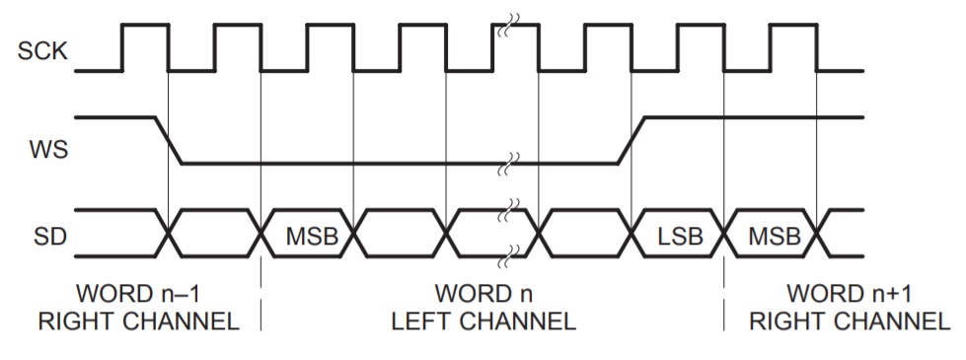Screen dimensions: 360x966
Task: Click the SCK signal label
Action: point(42,51)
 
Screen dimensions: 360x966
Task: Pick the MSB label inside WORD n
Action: point(309,238)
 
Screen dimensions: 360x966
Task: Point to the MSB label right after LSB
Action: point(773,238)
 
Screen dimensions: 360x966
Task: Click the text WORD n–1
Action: point(146,294)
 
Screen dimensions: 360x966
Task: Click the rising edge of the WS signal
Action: point(632,140)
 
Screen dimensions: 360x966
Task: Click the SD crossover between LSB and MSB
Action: point(725,233)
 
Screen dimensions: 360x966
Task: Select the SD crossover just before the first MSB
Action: point(261,233)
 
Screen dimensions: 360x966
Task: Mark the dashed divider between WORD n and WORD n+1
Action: point(725,306)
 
